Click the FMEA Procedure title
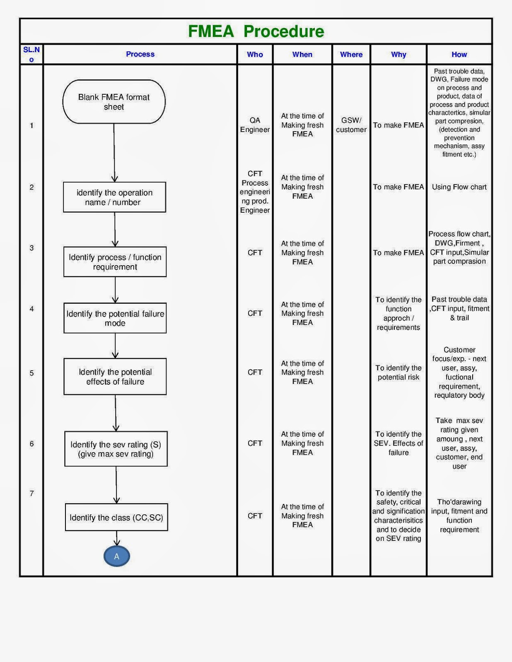point(256,31)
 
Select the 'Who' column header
point(255,54)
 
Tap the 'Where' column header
point(351,54)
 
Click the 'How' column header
point(459,54)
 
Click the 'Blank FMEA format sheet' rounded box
point(114,102)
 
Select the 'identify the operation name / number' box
point(114,197)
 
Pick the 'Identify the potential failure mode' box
point(115,318)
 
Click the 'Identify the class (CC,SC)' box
point(116,517)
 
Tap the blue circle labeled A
point(117,556)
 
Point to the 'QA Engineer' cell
point(255,125)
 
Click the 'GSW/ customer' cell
point(351,125)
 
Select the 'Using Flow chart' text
point(459,187)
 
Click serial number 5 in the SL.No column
point(31,373)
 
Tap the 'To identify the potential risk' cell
point(398,372)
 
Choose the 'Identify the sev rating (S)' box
point(116,449)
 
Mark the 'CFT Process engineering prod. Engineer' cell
point(255,192)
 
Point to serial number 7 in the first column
point(31,493)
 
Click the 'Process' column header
point(140,54)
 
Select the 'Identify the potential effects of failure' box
point(115,377)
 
